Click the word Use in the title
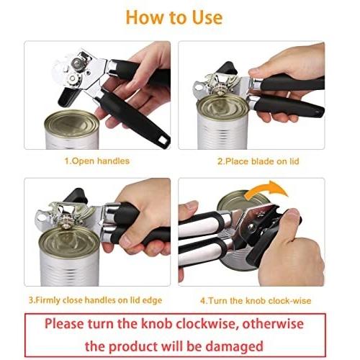click(207, 17)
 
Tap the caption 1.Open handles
click(97, 161)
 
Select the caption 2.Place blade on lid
click(258, 161)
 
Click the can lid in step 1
click(72, 124)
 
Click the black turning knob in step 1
click(68, 96)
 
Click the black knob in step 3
click(76, 195)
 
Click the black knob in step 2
click(227, 68)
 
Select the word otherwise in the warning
click(273, 324)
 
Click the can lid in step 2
click(222, 107)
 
